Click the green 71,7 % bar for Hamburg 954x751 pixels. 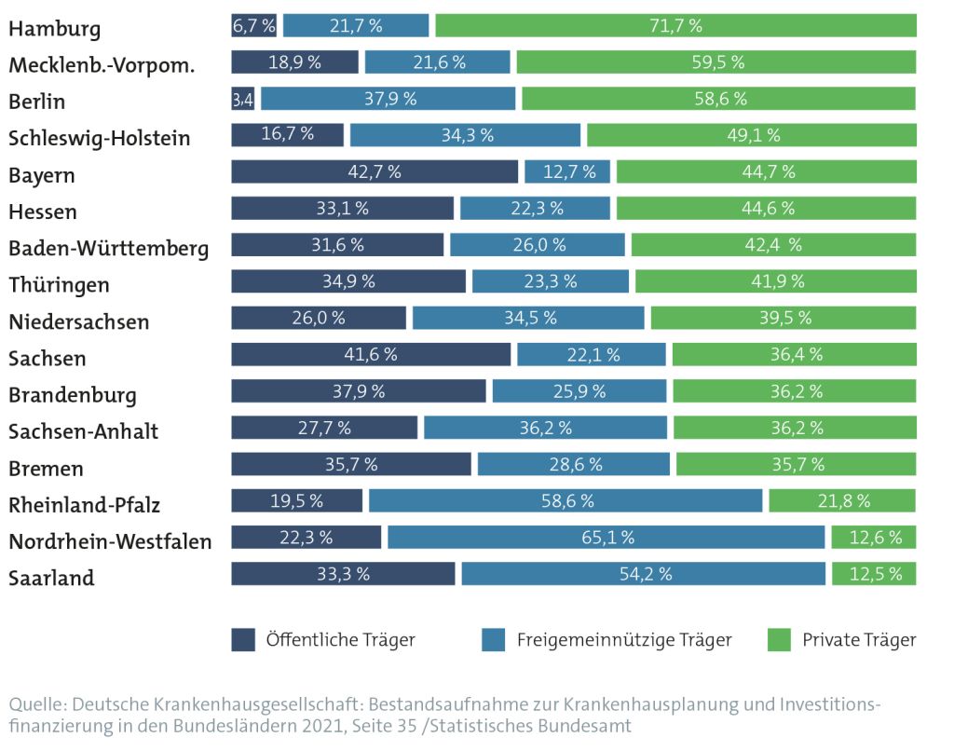675,25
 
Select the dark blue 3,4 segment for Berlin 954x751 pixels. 242,99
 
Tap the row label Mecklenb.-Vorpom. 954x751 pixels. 102,64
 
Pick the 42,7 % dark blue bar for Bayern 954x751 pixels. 374,171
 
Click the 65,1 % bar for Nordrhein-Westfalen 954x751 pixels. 606,537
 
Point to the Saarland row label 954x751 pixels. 51,578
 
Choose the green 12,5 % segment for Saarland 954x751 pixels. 874,574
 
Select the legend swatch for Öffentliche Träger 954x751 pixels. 243,640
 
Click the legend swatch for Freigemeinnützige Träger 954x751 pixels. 494,640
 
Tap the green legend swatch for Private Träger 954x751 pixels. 779,640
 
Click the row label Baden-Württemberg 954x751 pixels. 108,249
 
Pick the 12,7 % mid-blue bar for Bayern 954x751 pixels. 566,171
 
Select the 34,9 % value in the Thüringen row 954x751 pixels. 348,280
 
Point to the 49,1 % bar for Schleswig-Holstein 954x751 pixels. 751,135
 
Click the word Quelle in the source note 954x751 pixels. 34,703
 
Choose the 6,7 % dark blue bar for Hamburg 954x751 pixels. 253,25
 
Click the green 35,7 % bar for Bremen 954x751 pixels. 796,464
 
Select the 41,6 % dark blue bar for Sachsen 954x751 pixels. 371,354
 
